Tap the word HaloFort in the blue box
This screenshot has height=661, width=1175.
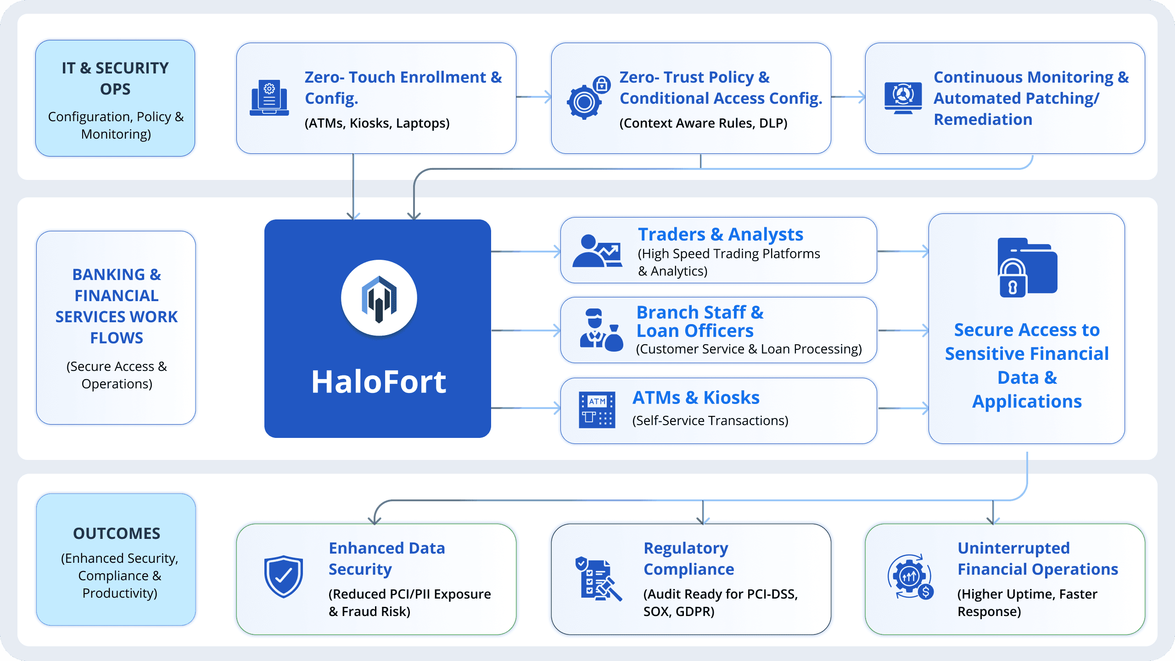379,382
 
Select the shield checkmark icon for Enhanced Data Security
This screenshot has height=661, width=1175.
283,577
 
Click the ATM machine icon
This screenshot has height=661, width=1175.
597,409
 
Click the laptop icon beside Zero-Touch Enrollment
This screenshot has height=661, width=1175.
269,98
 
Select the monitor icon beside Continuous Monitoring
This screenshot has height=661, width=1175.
903,98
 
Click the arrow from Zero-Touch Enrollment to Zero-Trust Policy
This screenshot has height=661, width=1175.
534,97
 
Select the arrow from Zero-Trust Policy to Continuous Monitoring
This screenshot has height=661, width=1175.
848,97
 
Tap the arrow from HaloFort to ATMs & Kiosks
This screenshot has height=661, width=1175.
526,408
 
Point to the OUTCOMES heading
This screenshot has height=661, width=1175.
117,533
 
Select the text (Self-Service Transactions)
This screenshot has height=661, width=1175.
710,420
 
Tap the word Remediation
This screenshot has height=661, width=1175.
983,119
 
